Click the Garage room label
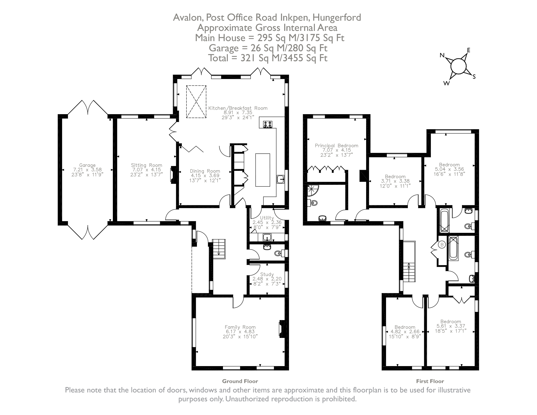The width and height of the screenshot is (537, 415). tap(87, 165)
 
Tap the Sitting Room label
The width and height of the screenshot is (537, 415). tap(146, 165)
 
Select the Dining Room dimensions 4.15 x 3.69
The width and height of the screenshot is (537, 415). tap(205, 176)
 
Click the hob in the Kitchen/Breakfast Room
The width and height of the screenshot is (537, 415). tap(268, 124)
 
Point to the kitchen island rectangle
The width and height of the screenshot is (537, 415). tap(262, 170)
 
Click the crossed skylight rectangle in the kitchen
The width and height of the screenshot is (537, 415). tap(196, 102)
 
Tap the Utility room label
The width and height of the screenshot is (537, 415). tap(267, 218)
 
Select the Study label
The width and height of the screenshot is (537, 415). tap(267, 274)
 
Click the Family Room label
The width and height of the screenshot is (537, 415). tap(240, 327)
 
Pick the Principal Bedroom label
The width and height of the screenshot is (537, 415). tap(336, 146)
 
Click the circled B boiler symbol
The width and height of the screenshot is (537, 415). tap(442, 245)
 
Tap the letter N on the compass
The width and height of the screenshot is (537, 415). tap(442, 56)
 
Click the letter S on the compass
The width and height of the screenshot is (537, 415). tap(474, 77)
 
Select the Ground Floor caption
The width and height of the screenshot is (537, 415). tap(240, 381)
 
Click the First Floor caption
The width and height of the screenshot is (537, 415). tap(430, 381)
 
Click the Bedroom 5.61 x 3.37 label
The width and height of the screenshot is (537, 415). tap(450, 322)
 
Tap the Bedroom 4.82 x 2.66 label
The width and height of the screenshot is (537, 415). tap(405, 327)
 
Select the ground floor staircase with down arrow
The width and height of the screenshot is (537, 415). tap(219, 248)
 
